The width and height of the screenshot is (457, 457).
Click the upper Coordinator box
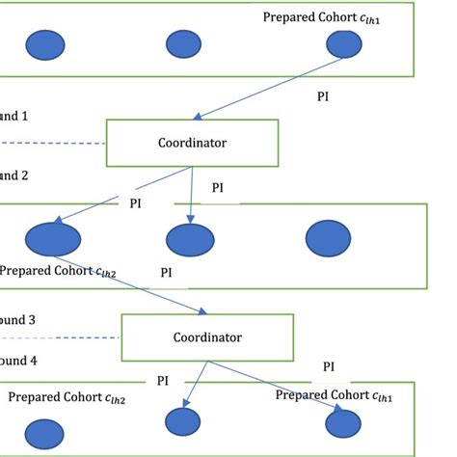[x=192, y=143]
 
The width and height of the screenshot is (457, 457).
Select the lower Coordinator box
[x=206, y=337]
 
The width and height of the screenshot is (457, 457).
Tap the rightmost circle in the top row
[x=343, y=43]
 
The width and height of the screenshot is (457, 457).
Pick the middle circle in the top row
[x=183, y=43]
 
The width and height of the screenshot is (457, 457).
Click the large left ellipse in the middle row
[x=53, y=238]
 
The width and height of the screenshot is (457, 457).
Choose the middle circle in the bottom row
[x=182, y=422]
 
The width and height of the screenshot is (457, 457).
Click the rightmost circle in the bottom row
[x=344, y=422]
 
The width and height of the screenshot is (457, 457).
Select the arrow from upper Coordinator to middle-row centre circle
[x=191, y=193]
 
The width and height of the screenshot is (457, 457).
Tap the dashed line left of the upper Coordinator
[x=53, y=144]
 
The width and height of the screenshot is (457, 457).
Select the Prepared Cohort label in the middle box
[x=58, y=272]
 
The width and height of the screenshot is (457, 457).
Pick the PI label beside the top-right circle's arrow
[x=325, y=96]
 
